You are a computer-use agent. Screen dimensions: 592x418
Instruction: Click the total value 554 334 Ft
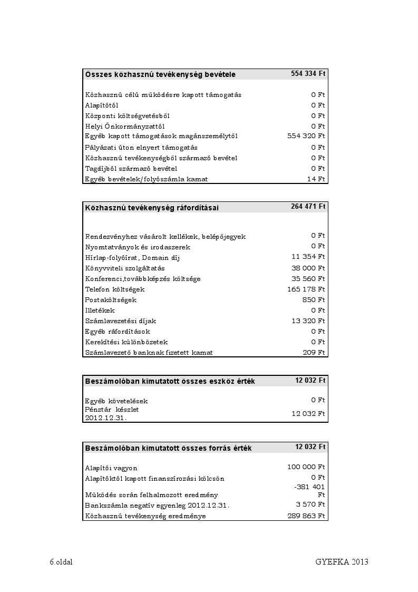coord(308,74)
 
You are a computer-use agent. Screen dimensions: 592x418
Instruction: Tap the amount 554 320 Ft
coord(306,137)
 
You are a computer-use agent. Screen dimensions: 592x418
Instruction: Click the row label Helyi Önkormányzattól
coord(125,127)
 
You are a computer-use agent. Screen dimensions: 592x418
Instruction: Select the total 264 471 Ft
coord(308,207)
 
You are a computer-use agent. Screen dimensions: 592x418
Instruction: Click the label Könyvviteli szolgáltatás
coord(125,268)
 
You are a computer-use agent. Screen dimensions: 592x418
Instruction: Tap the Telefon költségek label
coord(115,289)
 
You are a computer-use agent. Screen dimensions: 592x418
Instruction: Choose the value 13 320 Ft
coord(308,321)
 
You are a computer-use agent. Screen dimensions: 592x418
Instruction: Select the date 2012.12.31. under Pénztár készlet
coord(106,418)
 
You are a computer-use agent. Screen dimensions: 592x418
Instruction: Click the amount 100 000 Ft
coord(306,467)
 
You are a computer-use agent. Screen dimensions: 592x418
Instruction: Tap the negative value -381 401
coord(309,487)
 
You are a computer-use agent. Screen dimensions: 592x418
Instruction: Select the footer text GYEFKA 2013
coord(342,562)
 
